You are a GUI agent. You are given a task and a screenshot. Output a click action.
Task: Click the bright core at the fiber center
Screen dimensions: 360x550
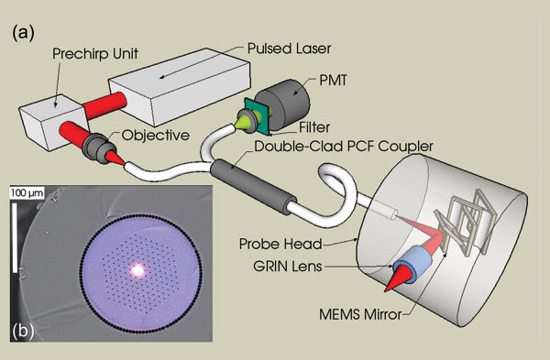pyautogui.click(x=139, y=270)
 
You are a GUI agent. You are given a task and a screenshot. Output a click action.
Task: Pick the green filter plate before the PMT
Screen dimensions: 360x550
pyautogui.click(x=252, y=114)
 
